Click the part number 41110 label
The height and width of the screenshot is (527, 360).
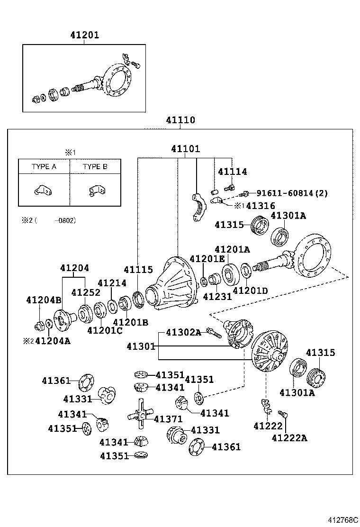[x=180, y=120]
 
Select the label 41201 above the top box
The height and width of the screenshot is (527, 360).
[x=84, y=36]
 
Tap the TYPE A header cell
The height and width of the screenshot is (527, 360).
[x=44, y=166]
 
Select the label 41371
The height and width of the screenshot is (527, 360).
[x=168, y=419]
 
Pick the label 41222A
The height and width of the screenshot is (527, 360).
[x=289, y=438]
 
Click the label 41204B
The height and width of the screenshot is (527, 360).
[x=44, y=300]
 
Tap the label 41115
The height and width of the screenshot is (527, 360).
[x=138, y=270]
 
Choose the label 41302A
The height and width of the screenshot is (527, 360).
[x=183, y=333]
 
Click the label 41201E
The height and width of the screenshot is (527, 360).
[x=207, y=259]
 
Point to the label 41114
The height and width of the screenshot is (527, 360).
[x=232, y=172]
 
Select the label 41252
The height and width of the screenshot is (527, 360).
[x=86, y=292]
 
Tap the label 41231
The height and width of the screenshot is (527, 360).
[x=217, y=297]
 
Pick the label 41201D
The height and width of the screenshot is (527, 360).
[x=251, y=291]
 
